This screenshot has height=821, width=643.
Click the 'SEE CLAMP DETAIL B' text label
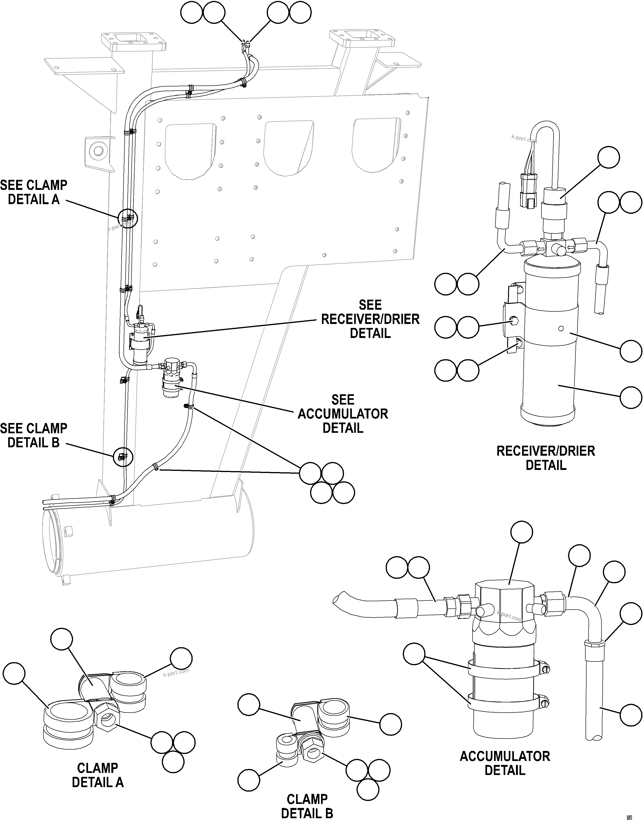pyautogui.click(x=34, y=435)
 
